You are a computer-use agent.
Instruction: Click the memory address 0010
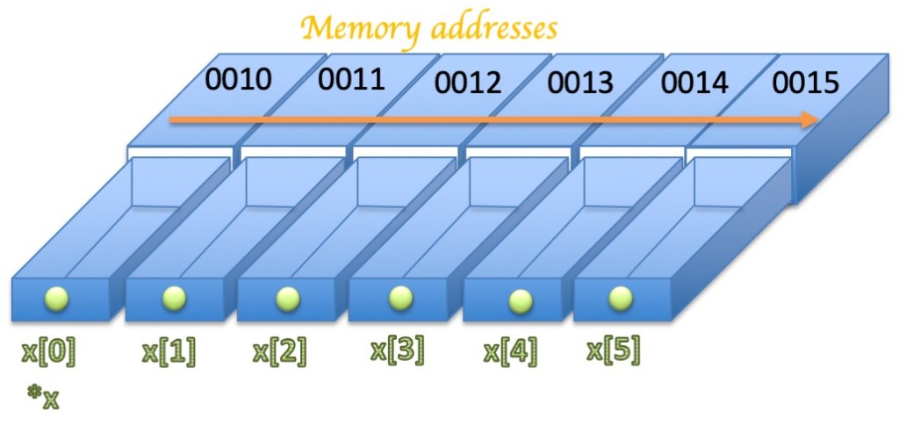coord(239,81)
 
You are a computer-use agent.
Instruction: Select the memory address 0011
coord(351,81)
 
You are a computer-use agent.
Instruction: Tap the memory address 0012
coord(468,83)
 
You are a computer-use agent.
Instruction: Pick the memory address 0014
coord(694,83)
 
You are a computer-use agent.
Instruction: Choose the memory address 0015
coord(807,83)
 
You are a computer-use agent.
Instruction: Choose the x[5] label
coord(613,350)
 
